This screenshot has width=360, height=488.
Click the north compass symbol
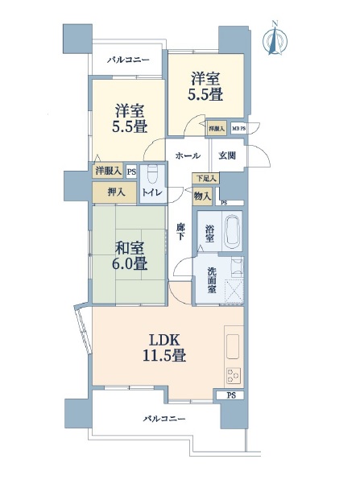[x=275, y=39]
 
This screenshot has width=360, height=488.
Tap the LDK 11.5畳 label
[x=164, y=348]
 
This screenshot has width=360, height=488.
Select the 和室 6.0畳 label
[x=130, y=256]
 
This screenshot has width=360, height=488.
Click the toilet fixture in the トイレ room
[x=153, y=175]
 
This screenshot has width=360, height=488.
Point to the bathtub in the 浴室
[x=232, y=230]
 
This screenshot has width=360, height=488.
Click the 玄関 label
[x=227, y=155]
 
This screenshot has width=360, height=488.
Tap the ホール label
[x=188, y=155]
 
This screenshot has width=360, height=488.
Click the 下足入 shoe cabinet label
[x=206, y=178]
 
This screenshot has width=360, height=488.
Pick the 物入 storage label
[x=202, y=196]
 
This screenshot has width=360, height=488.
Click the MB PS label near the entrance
[x=239, y=129]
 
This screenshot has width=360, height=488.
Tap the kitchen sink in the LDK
[x=233, y=346]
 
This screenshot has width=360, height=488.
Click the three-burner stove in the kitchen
[x=234, y=375]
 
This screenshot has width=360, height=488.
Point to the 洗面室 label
[x=212, y=280]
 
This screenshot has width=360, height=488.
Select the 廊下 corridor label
[x=180, y=232]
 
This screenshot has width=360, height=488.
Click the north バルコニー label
[x=128, y=60]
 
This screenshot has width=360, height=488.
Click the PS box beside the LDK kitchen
[x=230, y=395]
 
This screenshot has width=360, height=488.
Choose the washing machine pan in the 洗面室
[x=234, y=291]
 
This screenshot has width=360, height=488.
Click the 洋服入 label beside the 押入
[x=108, y=171]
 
